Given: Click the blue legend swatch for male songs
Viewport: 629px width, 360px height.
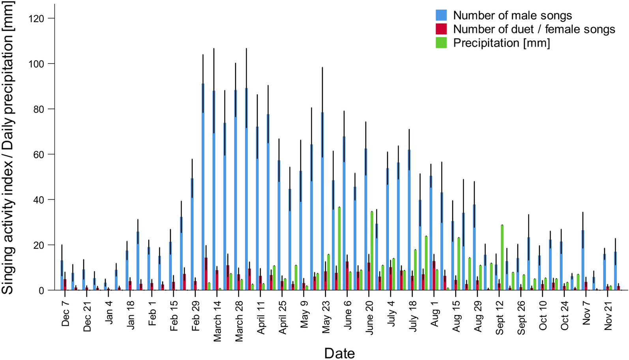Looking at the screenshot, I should (441, 15).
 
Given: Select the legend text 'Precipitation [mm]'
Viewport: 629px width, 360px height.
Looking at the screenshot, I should (501, 43).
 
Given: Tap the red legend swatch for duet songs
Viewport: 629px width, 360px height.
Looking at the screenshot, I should (441, 29).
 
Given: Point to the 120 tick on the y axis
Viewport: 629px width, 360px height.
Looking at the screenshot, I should (40, 19).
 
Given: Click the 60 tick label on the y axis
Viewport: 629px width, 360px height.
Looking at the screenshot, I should (40, 154).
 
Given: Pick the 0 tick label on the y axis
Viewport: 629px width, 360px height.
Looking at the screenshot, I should (44, 291).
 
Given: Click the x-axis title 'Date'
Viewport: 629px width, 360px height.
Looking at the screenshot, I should (339, 353).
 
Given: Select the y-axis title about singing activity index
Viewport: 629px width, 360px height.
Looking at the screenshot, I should (9, 148).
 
